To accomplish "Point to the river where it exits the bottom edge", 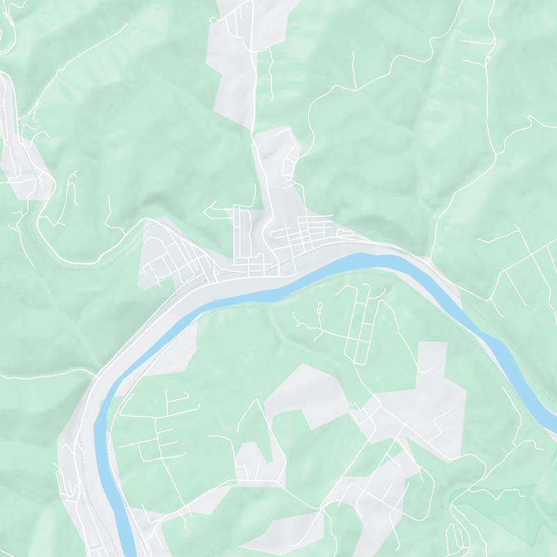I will point(129,550).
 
